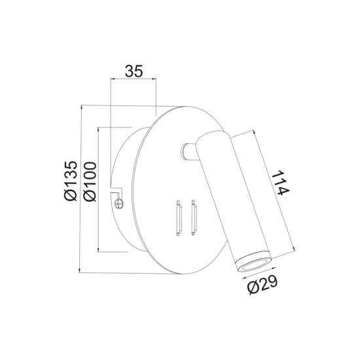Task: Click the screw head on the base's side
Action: pos(120,204)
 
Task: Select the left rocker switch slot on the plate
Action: pos(176,218)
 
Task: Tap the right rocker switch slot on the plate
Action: pos(193,218)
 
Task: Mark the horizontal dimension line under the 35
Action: pos(134,80)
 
